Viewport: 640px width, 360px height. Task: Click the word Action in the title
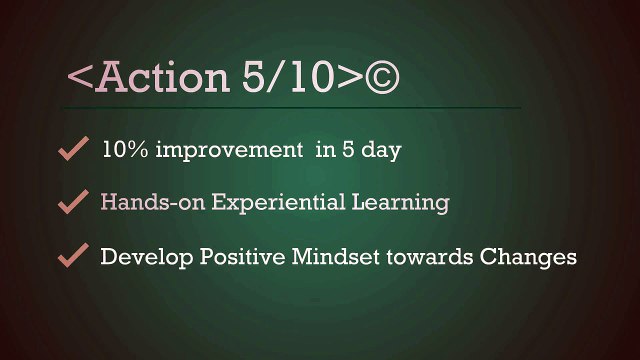coord(162,77)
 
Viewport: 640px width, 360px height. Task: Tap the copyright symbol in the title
coord(382,77)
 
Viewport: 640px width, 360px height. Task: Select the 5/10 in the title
coord(289,77)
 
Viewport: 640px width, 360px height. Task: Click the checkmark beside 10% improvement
coord(73,148)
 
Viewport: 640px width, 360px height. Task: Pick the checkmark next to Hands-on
coord(73,201)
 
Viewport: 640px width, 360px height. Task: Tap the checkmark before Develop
coord(73,255)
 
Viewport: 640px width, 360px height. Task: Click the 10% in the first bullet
coord(125,149)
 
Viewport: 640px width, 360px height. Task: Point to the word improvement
coord(229,150)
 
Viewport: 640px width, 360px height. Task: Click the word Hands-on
coord(153,202)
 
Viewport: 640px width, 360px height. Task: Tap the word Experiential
coord(278,202)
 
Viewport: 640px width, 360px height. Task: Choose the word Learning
coord(400,203)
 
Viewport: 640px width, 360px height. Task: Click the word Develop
coord(147,257)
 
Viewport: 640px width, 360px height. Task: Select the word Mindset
coord(335,256)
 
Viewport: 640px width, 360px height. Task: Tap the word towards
coord(429,256)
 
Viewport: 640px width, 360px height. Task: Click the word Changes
coord(528,257)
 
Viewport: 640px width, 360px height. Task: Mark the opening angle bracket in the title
coord(80,77)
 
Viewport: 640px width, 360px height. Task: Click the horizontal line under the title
coord(291,108)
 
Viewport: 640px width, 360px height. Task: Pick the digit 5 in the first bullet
coord(348,150)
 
